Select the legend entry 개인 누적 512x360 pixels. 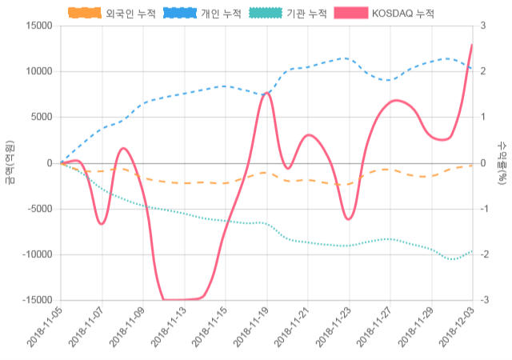click(x=203, y=14)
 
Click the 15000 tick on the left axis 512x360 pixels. click(x=38, y=26)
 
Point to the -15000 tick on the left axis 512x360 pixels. click(x=36, y=300)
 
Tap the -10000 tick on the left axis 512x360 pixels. click(x=36, y=254)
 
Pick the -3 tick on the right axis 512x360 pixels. click(x=482, y=300)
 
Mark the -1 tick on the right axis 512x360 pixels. click(x=482, y=209)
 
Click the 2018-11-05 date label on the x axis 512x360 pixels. click(x=45, y=329)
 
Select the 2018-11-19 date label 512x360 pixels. click(x=250, y=329)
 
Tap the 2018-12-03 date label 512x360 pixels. click(x=456, y=329)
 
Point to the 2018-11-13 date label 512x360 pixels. click(x=168, y=329)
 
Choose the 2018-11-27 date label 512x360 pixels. click(x=374, y=329)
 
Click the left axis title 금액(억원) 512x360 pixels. click(x=9, y=163)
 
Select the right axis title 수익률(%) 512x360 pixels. click(x=502, y=163)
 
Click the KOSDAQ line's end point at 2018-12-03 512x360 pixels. click(x=472, y=45)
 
